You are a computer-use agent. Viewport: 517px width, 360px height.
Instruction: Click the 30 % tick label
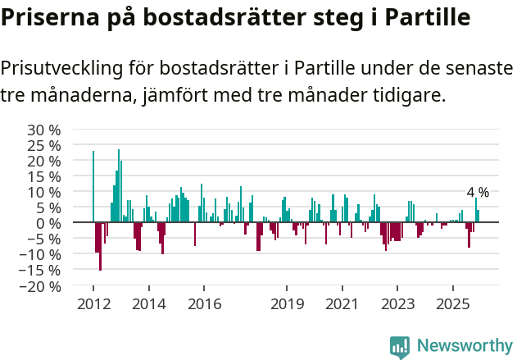pyautogui.click(x=45, y=130)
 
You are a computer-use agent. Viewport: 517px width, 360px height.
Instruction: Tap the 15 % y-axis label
pyautogui.click(x=45, y=176)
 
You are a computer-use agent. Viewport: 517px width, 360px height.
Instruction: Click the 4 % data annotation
pyautogui.click(x=478, y=192)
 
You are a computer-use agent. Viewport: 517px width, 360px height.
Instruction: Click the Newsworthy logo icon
pyautogui.click(x=400, y=347)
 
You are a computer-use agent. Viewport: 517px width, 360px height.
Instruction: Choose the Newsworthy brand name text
pyautogui.click(x=464, y=347)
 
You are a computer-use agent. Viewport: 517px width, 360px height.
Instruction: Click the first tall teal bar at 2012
pyautogui.click(x=93, y=186)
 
